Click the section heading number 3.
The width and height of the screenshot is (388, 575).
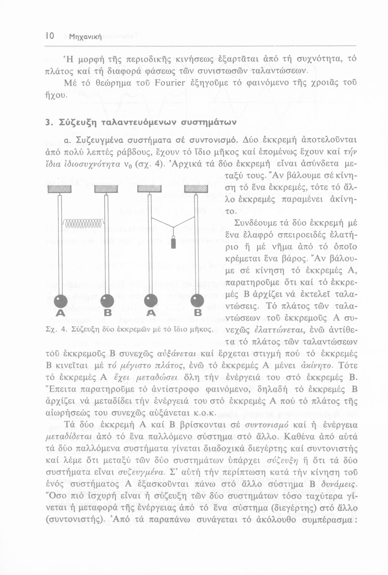47,122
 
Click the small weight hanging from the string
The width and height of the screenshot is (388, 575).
173,243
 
